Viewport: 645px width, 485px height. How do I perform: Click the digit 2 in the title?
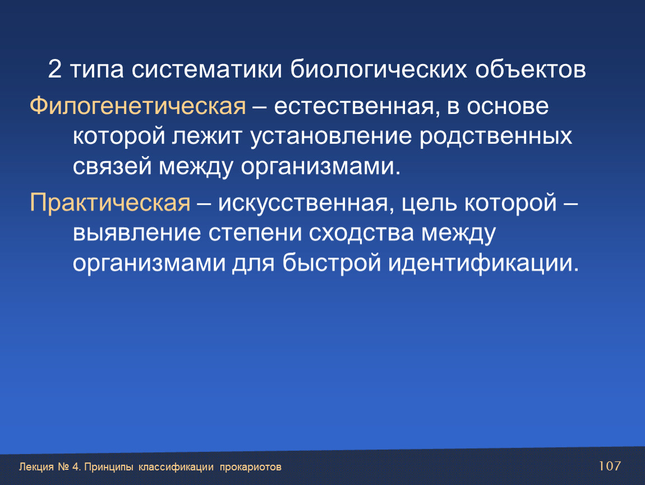click(55, 69)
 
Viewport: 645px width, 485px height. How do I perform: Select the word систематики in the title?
click(207, 69)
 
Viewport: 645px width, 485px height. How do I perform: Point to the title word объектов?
click(531, 69)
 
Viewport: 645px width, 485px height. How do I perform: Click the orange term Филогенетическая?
click(138, 106)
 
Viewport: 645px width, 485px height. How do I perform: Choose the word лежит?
click(206, 137)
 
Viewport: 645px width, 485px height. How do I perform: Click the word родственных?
click(496, 137)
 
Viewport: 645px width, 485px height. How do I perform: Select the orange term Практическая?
click(110, 203)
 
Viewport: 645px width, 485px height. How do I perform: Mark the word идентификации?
click(483, 263)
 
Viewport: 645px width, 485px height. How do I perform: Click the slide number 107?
click(610, 466)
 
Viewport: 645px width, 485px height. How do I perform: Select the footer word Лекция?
click(36, 467)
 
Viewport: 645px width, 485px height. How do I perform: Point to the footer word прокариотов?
click(251, 467)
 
